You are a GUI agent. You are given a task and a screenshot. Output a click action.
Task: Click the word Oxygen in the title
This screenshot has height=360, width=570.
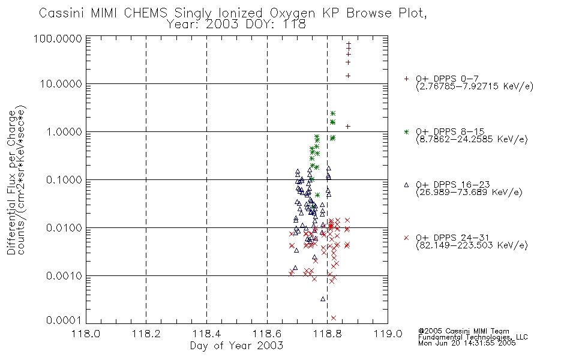293,13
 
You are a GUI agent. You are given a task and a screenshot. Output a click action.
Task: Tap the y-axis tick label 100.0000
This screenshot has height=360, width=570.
58,38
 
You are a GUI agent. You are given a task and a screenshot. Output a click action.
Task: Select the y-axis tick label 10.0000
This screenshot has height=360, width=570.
61,84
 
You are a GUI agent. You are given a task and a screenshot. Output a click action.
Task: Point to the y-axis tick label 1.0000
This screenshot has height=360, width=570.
64,131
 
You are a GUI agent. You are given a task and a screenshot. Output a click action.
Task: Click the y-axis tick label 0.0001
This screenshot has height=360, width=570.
64,320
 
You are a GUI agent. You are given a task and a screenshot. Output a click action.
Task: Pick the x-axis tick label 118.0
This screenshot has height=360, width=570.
86,334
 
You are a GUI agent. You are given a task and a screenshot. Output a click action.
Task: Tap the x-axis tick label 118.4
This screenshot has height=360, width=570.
206,334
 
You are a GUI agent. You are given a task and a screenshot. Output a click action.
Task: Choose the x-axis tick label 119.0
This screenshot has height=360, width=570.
388,334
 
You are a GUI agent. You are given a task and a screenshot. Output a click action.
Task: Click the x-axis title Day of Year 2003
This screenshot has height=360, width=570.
236,346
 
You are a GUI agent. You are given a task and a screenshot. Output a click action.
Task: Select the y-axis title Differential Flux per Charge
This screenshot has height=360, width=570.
11,182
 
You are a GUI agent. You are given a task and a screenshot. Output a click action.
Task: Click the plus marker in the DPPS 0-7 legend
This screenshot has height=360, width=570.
406,79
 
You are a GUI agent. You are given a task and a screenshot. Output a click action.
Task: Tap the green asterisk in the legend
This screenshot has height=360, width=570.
406,131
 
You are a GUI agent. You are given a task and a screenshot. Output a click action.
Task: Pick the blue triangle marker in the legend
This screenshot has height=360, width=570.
406,185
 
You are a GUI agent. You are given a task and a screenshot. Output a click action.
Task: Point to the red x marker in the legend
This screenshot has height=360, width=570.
406,238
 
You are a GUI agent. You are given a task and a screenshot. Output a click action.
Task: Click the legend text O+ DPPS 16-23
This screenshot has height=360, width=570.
453,185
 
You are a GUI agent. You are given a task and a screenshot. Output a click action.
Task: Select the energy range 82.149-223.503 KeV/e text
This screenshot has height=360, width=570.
472,245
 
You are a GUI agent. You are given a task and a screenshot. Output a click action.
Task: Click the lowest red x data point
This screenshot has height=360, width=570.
334,318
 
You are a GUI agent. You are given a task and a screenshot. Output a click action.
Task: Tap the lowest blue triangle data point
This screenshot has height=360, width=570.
323,299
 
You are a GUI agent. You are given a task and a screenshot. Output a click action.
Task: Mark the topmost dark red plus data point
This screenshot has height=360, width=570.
348,44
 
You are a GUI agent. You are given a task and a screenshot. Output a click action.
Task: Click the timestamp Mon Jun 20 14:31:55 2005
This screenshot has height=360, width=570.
467,343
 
